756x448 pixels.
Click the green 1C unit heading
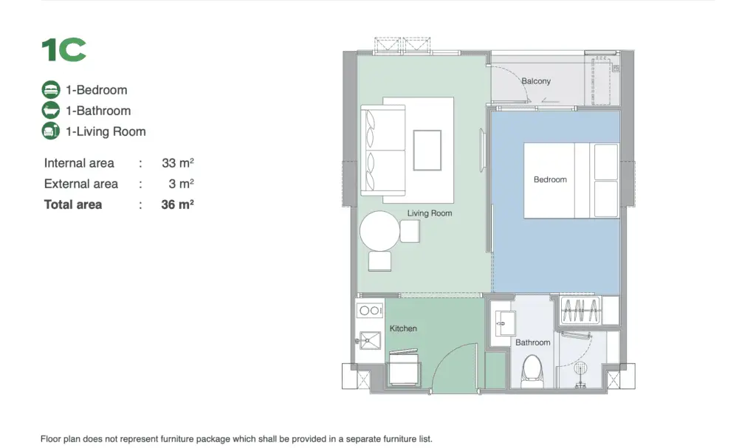[x=63, y=50]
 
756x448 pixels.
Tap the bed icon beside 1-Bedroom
[x=51, y=90]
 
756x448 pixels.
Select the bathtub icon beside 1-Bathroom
[x=51, y=111]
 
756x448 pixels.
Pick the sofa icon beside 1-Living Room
[x=51, y=131]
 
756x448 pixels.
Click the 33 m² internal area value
[x=177, y=163]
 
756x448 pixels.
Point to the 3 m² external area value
[x=182, y=184]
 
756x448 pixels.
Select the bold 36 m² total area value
[x=177, y=204]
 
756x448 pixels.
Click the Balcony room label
[x=536, y=81]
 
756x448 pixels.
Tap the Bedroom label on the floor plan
[x=550, y=179]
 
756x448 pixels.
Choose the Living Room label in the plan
[x=430, y=213]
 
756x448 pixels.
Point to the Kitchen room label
[x=403, y=328]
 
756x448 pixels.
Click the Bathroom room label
[x=533, y=342]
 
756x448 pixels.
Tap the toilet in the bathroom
[x=532, y=371]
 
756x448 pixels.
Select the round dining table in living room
[x=379, y=231]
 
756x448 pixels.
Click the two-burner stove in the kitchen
[x=370, y=311]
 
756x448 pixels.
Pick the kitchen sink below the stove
[x=369, y=340]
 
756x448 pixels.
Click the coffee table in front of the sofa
[x=427, y=150]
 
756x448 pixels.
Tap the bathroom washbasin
[x=505, y=323]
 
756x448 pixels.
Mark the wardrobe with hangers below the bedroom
[x=580, y=310]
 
